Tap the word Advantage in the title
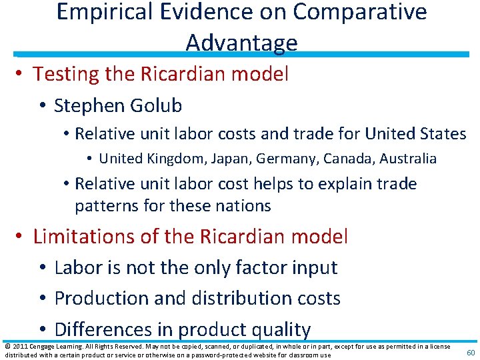click(241, 42)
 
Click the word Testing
click(72, 74)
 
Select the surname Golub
click(157, 105)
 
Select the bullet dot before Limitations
click(20, 237)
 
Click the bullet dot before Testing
click(20, 74)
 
